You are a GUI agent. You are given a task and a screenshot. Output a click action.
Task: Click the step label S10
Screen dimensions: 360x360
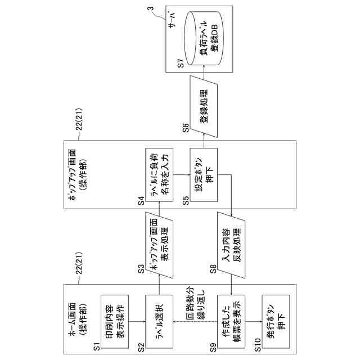257,343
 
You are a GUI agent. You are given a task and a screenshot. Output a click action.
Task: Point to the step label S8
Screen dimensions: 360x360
214,269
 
